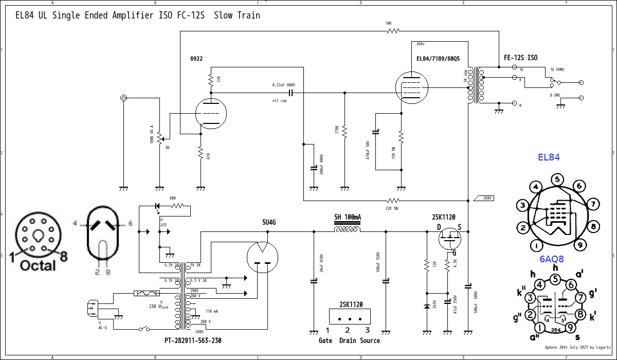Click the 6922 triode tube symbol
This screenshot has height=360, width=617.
tap(211, 113)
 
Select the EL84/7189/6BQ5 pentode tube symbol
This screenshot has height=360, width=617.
tap(412, 88)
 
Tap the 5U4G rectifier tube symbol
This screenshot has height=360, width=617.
tap(262, 257)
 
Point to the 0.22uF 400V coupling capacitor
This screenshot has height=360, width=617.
tap(291, 93)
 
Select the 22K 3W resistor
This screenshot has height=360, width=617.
tap(393, 200)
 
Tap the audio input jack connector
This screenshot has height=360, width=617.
tap(123, 98)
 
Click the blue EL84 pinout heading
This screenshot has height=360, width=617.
tap(549, 157)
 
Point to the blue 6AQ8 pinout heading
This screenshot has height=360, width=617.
tap(551, 259)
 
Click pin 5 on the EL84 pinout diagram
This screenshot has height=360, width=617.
tap(557, 179)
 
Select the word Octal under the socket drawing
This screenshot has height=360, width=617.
tap(38, 265)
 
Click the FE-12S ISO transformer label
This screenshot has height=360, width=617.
tap(520, 58)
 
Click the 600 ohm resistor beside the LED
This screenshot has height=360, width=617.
tap(177, 206)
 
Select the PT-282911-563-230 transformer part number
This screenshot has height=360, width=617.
tap(193, 340)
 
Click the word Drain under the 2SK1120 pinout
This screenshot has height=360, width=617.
tap(348, 340)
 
